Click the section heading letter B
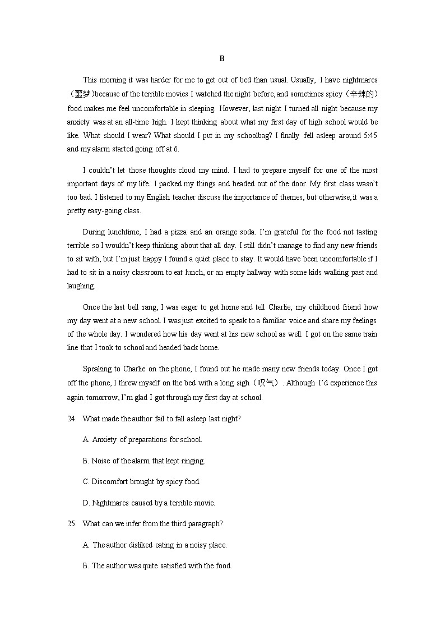click(222, 58)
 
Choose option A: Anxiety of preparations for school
click(142, 440)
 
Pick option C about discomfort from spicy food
click(141, 482)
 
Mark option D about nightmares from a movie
click(149, 503)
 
